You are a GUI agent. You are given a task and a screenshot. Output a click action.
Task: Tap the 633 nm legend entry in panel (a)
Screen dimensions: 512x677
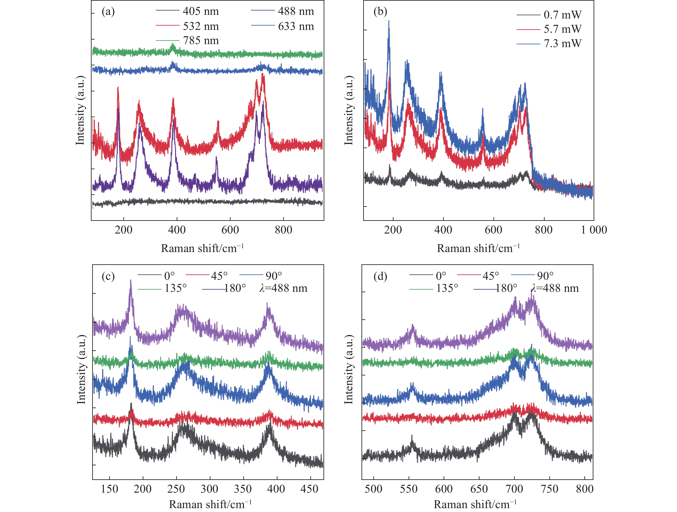point(296,26)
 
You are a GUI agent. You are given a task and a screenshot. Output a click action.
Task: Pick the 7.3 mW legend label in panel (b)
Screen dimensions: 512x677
point(562,43)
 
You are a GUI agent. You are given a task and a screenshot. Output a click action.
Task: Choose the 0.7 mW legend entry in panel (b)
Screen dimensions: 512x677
point(562,15)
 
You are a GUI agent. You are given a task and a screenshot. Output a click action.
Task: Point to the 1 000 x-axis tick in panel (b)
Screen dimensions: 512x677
point(594,230)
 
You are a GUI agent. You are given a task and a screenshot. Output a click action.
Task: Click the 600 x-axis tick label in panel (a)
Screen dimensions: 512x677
point(230,230)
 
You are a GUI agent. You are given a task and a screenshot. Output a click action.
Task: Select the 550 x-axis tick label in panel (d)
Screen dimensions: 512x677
point(409,489)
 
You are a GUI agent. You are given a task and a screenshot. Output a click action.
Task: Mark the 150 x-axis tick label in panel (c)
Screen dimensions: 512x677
point(110,489)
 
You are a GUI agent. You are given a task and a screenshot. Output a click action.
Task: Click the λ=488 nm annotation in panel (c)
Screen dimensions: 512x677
point(283,288)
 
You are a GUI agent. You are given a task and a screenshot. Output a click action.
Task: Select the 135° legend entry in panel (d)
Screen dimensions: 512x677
point(447,288)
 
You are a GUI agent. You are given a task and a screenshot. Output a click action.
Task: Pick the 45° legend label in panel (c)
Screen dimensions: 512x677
point(219,276)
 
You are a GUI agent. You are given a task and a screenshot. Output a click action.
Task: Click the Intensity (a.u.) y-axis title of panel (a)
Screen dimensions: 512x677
point(80,110)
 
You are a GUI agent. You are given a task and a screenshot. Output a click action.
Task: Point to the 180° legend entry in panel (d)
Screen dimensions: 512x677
point(506,288)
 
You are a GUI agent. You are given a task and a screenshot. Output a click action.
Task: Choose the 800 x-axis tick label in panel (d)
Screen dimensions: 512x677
point(585,489)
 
